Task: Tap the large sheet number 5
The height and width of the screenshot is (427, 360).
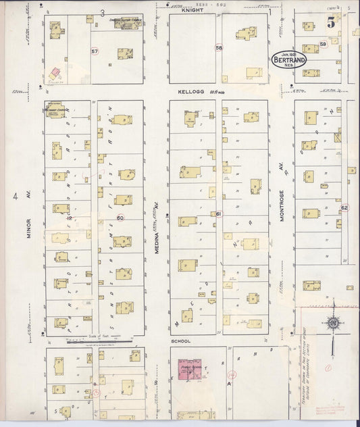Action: pyautogui.click(x=332, y=21)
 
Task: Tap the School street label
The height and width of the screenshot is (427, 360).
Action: pyautogui.click(x=180, y=341)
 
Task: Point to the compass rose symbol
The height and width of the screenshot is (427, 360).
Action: pyautogui.click(x=334, y=326)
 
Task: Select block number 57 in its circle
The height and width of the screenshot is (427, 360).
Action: pyautogui.click(x=95, y=51)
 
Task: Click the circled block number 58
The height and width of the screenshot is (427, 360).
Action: pyautogui.click(x=219, y=48)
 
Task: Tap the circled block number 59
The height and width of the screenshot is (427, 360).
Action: pyautogui.click(x=324, y=45)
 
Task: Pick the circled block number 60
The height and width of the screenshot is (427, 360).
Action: pyautogui.click(x=121, y=218)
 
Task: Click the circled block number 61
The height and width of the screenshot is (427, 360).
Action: pyautogui.click(x=220, y=214)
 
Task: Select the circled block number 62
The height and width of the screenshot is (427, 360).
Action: pyautogui.click(x=344, y=207)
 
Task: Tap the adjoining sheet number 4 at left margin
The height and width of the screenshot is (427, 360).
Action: pyautogui.click(x=14, y=197)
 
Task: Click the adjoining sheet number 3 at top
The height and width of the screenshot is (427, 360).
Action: pyautogui.click(x=103, y=13)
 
